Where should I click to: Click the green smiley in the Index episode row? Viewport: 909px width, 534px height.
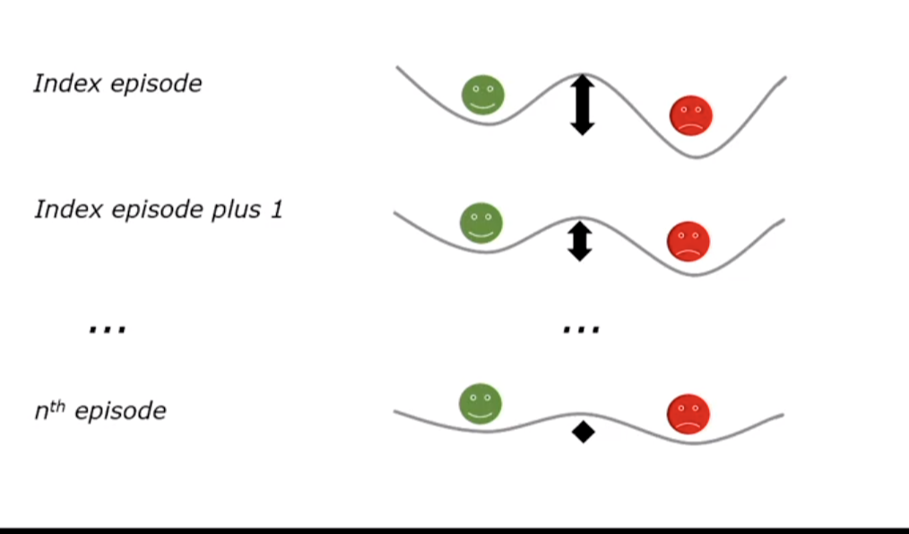tap(483, 95)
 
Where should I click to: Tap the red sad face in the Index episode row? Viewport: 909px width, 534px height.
tap(691, 116)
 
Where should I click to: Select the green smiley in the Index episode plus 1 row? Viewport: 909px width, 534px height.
tap(481, 223)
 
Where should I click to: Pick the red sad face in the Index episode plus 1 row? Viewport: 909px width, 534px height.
tap(688, 241)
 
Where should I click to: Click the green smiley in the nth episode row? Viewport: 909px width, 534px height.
tap(480, 404)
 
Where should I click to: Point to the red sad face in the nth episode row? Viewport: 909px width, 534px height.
tap(688, 414)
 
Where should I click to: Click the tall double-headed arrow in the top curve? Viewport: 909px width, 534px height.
tap(583, 105)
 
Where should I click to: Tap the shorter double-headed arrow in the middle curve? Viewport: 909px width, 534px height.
tap(580, 241)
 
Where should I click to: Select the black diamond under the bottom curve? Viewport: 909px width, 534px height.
tap(584, 432)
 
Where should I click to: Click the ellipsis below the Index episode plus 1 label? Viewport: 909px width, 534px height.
tap(108, 329)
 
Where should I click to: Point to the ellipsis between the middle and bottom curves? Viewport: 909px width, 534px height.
tap(580, 330)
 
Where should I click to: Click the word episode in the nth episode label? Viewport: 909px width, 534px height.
tap(120, 411)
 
